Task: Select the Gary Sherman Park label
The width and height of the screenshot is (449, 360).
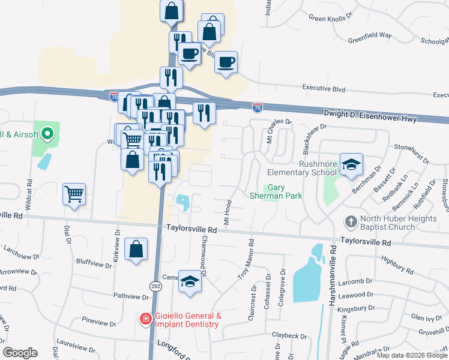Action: tap(276, 192)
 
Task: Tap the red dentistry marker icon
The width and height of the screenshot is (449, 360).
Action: tap(146, 319)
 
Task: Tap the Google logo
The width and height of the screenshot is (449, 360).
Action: tap(20, 353)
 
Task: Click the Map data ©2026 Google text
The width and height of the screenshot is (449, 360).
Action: tap(412, 355)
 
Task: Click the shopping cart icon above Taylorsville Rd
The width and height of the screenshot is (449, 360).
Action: tap(74, 193)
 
